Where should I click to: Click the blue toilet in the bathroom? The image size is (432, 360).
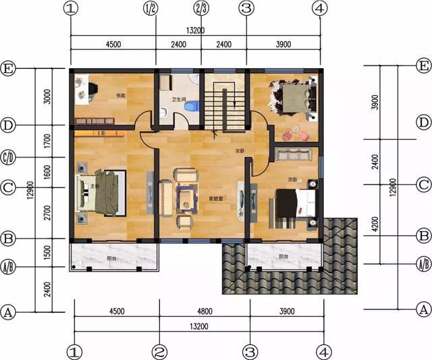click(192, 107)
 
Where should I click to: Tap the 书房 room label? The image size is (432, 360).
click(122, 95)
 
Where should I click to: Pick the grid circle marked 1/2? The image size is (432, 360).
click(151, 9)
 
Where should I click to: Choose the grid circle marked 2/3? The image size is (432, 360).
click(201, 9)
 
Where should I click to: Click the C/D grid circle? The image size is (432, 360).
click(8, 157)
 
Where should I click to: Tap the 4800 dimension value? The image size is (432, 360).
click(205, 313)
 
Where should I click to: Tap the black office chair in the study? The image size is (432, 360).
click(92, 88)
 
